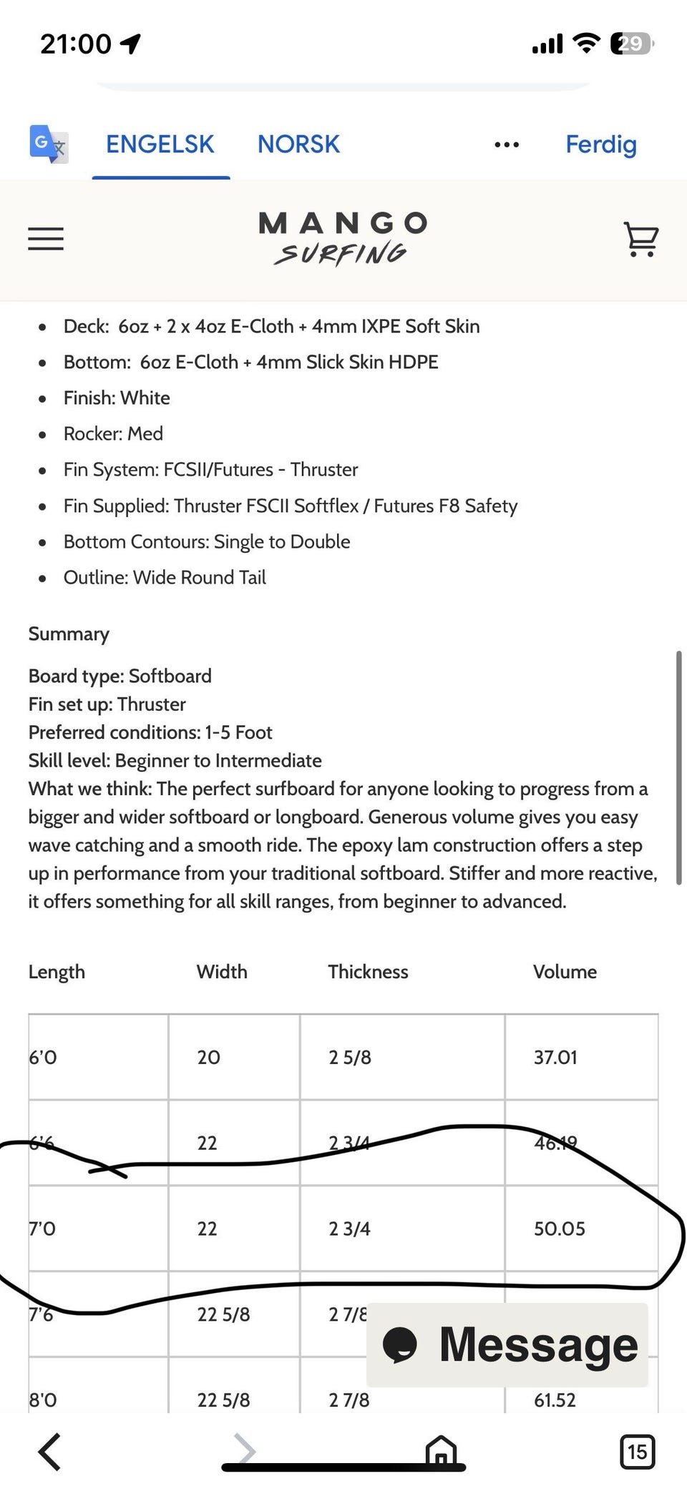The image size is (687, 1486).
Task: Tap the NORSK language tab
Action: (298, 144)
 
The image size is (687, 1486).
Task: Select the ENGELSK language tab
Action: (160, 144)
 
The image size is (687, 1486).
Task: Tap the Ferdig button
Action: (600, 144)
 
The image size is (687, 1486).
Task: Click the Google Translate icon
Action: (49, 144)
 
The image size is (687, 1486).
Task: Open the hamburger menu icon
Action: (46, 238)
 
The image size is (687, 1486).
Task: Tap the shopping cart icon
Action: (640, 239)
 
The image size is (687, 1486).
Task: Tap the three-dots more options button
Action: (507, 145)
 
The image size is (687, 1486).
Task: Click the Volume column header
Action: (565, 972)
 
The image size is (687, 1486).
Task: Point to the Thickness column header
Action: (368, 972)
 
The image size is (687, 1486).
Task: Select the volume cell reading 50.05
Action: (559, 1229)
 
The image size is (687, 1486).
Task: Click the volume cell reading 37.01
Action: (555, 1057)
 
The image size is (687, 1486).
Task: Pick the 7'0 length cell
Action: (42, 1229)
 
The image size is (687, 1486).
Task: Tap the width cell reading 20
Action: (208, 1057)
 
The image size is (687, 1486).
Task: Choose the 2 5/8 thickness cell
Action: (350, 1057)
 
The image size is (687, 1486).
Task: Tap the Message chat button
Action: (507, 1344)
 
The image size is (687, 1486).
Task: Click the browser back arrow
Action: (49, 1451)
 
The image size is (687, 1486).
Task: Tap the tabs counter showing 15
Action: (636, 1451)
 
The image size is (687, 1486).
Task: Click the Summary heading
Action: (69, 634)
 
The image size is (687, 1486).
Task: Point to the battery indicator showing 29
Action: (631, 44)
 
